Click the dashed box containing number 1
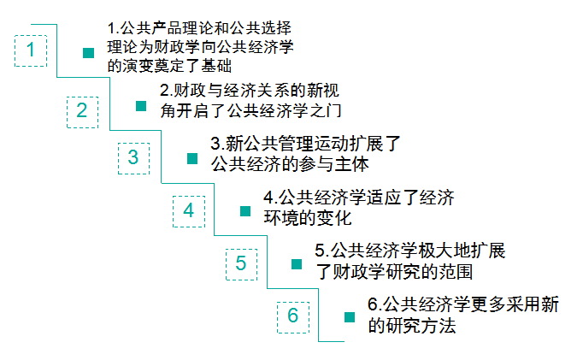pyautogui.click(x=32, y=50)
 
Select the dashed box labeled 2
pyautogui.click(x=82, y=110)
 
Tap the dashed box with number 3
pyautogui.click(x=133, y=157)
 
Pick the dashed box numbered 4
pyautogui.click(x=189, y=210)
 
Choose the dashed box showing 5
pyautogui.click(x=241, y=263)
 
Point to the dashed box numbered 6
pyautogui.click(x=293, y=316)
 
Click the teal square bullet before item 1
pyautogui.click(x=88, y=53)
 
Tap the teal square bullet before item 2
pyautogui.click(x=142, y=106)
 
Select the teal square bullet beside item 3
pyautogui.click(x=192, y=159)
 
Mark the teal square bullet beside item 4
pyautogui.click(x=244, y=211)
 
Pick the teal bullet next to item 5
pyautogui.click(x=296, y=264)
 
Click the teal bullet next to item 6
pyautogui.click(x=349, y=317)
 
